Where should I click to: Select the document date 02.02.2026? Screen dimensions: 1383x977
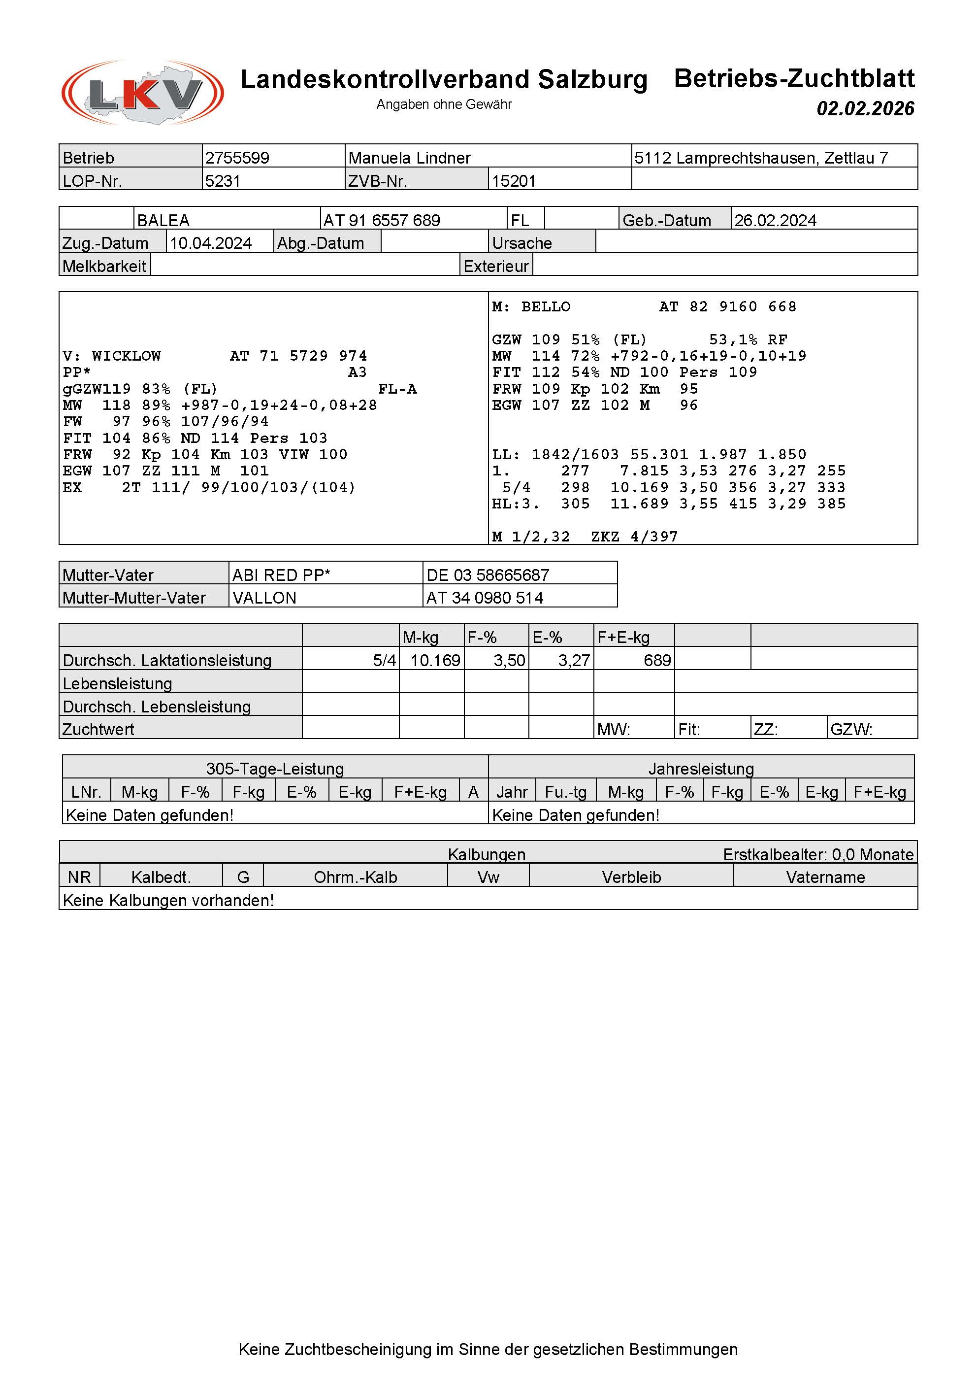865,108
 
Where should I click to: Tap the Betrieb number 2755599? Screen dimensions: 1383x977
237,158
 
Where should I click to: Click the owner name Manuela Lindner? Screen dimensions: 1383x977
409,158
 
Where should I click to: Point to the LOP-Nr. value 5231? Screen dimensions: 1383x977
223,181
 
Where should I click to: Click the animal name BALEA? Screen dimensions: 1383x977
163,220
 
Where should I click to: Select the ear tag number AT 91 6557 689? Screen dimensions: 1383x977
382,220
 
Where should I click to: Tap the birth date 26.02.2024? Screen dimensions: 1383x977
775,220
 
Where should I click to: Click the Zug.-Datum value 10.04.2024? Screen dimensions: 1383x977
211,243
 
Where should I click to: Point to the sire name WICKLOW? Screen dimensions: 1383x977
127,356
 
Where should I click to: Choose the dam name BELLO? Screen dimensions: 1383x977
546,306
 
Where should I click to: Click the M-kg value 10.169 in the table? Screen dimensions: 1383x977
435,660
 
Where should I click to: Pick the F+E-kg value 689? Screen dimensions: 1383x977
657,660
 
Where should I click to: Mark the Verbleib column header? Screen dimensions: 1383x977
631,877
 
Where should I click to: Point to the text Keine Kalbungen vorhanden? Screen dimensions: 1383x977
168,900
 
